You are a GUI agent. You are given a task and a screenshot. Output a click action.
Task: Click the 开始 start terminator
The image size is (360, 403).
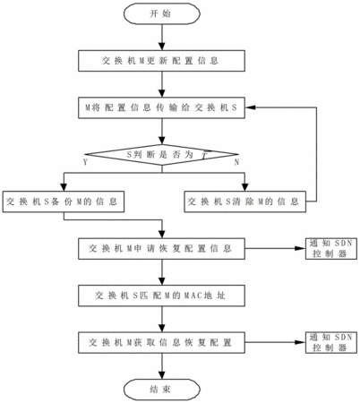[x=162, y=13]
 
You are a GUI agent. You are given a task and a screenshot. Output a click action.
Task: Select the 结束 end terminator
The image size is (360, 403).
[x=162, y=390]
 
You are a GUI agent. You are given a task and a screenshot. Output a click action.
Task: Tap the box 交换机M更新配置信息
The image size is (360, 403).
[x=161, y=61]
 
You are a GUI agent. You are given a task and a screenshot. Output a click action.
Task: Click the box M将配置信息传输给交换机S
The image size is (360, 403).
[x=161, y=107]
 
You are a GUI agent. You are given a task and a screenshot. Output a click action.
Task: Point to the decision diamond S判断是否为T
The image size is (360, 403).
[x=161, y=155]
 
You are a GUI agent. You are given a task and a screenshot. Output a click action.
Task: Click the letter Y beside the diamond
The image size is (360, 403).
[x=86, y=162]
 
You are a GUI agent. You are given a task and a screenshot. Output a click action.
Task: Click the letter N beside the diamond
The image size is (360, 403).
[x=236, y=162]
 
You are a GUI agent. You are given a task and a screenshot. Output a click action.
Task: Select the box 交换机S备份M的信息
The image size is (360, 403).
[x=64, y=201]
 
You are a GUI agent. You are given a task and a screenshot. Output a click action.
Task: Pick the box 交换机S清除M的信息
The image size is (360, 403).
[x=244, y=201]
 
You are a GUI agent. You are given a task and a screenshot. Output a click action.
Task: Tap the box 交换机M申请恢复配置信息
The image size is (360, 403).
[x=161, y=249]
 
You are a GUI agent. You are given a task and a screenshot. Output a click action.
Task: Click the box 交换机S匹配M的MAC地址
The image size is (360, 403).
[x=161, y=296]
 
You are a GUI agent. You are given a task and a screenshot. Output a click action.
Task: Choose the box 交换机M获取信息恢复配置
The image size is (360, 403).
[x=161, y=342]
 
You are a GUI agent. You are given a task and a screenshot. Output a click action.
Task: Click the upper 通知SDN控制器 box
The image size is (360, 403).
[x=331, y=248]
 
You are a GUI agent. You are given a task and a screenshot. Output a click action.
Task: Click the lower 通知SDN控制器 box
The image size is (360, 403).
[x=331, y=342]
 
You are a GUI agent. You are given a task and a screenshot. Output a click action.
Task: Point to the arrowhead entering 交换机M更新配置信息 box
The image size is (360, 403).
[x=162, y=47]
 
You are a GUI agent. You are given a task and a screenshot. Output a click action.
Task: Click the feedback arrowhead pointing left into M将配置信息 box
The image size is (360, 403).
[x=250, y=107]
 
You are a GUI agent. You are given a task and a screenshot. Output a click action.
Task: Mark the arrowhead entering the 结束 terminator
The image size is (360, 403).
[x=162, y=375]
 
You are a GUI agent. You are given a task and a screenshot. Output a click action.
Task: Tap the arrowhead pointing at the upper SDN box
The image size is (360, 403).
[x=300, y=248]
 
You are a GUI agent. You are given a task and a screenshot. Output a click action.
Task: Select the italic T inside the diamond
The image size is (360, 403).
[x=204, y=155]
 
